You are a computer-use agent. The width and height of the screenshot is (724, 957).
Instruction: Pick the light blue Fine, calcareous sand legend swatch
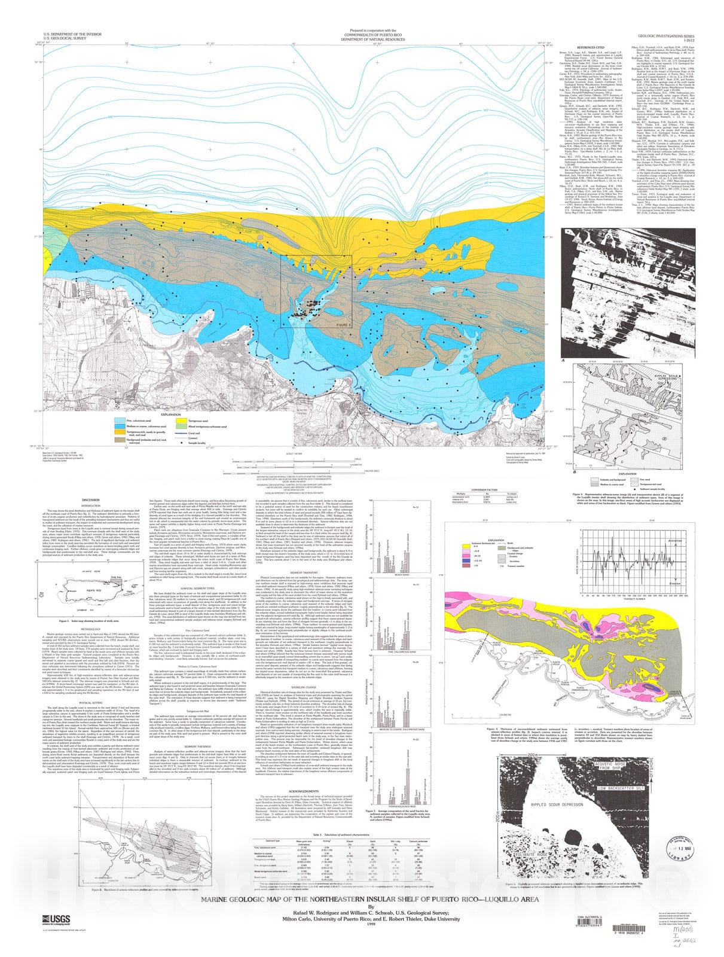pyautogui.click(x=124, y=420)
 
